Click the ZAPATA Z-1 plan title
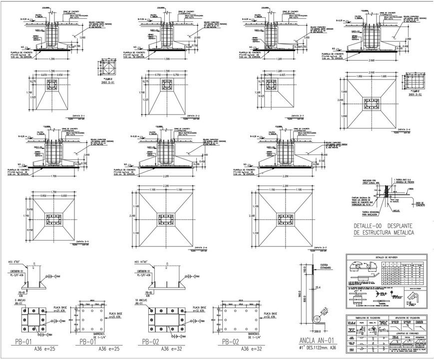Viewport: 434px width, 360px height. [x=78, y=116]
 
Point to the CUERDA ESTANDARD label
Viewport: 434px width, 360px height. [x=326, y=266]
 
